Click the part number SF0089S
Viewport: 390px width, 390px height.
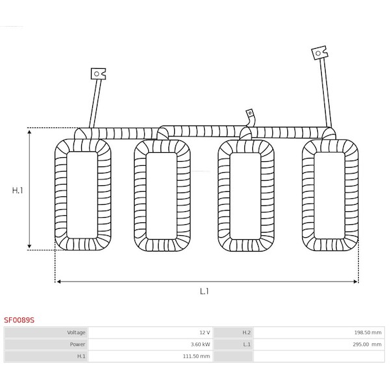(19, 320)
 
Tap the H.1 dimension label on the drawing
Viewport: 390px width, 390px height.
(18, 190)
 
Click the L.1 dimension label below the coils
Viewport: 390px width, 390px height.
(204, 291)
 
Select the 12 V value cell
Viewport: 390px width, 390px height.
(151, 333)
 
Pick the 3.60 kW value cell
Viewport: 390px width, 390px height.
(151, 344)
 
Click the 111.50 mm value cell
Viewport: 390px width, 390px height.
(151, 356)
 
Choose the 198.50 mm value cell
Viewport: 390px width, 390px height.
(319, 333)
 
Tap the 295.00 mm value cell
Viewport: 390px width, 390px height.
(319, 344)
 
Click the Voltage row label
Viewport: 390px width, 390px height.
(76, 333)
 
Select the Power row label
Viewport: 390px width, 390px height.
(77, 344)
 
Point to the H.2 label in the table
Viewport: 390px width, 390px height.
(246, 333)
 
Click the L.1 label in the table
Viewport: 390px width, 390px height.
(247, 344)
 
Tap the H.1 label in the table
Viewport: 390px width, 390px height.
(81, 356)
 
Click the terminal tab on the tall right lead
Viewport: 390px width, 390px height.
(320, 53)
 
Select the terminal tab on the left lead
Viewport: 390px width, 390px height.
(98, 74)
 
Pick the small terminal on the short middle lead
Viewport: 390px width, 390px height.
(250, 113)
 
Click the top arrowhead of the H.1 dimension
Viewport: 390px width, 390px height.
(29, 131)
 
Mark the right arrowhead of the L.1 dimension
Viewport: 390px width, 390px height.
(356, 281)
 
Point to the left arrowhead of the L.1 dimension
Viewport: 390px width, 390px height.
(58, 281)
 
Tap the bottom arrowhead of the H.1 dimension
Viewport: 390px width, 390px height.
(29, 246)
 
